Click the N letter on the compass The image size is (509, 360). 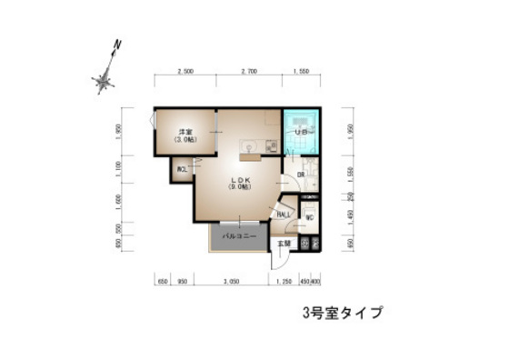pos(117,44)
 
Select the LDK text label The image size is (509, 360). pos(238,179)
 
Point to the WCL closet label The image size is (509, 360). pos(183,169)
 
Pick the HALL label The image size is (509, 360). pos(284,214)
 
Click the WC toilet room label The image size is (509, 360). pos(309,217)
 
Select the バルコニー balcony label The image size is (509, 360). pos(240,236)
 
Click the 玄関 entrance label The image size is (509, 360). pos(284,243)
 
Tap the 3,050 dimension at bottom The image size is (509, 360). pos(232,282)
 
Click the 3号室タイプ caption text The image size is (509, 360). pos(343,314)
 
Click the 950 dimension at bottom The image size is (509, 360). pos(182,282)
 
